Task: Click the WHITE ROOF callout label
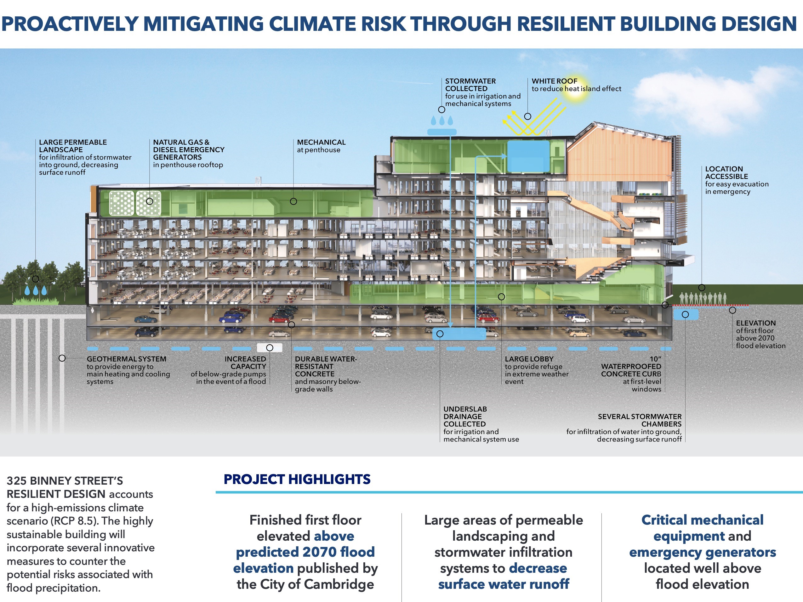577,85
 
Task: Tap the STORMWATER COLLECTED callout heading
470,85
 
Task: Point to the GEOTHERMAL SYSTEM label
126,359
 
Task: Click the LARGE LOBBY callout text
537,370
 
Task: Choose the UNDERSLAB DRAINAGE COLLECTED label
465,416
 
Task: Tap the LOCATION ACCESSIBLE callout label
737,180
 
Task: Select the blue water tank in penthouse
528,156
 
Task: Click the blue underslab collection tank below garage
459,334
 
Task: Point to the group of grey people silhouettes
703,298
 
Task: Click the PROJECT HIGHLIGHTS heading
297,479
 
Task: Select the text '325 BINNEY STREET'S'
65,481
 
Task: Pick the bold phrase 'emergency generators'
703,552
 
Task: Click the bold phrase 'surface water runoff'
504,584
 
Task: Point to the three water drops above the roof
442,121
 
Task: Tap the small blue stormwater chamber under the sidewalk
685,314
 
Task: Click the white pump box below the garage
269,348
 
